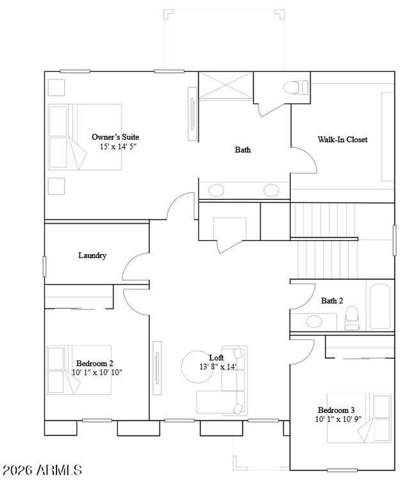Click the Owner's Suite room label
[115, 137]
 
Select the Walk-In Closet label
[343, 140]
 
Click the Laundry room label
[92, 256]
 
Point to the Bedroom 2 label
[95, 363]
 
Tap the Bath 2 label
[332, 301]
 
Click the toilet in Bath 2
[352, 317]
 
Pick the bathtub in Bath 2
[380, 306]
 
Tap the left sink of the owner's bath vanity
[216, 190]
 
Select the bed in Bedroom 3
[359, 418]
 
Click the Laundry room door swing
[135, 267]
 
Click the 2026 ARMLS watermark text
[42, 470]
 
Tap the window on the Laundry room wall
[44, 266]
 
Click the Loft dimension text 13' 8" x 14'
[218, 367]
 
